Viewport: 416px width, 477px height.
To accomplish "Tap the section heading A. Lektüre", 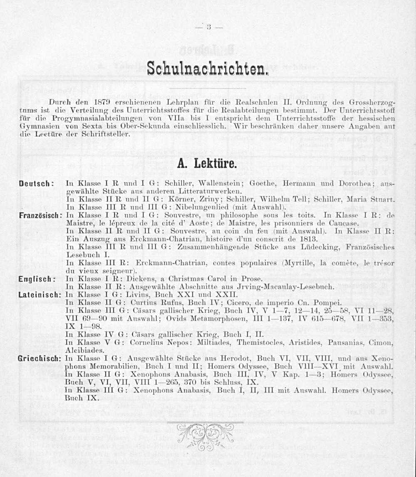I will click(207, 163).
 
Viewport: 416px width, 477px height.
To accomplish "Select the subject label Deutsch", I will click(35, 184).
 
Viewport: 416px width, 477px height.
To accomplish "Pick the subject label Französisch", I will click(40, 216).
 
